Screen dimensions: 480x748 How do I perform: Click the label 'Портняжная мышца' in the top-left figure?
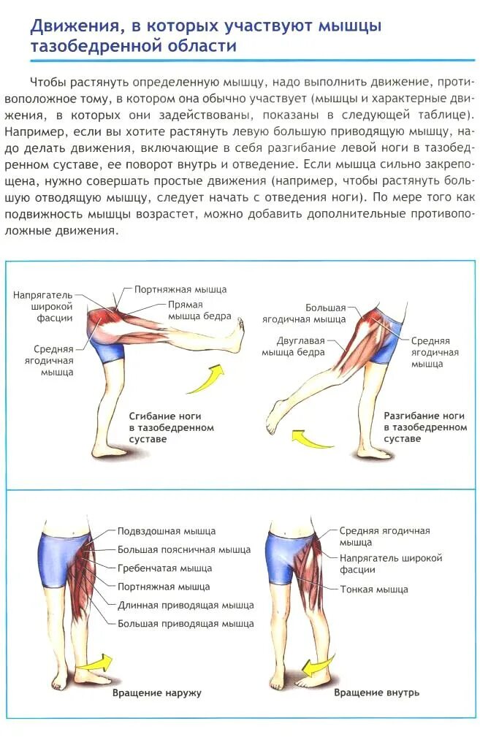(180, 289)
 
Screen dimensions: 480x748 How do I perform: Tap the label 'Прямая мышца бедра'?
(199, 310)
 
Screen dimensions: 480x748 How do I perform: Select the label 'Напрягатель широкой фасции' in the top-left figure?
(42, 306)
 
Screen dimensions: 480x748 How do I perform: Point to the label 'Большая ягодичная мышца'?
(325, 313)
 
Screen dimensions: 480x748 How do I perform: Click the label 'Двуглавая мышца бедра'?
(300, 346)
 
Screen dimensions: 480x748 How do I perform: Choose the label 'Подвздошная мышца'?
(167, 531)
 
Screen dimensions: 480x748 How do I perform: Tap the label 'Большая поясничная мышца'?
(183, 549)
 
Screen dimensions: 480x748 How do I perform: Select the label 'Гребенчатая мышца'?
(164, 568)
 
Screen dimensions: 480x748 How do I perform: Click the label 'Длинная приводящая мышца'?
(186, 605)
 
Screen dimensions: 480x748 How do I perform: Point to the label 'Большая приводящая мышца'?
(186, 623)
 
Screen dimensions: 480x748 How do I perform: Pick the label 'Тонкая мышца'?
(373, 589)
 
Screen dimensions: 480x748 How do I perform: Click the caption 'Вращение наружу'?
(156, 692)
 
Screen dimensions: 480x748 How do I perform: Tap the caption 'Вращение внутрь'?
(376, 692)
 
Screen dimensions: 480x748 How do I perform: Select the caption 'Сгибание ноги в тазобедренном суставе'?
(171, 427)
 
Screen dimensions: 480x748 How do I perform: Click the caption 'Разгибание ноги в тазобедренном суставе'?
(424, 427)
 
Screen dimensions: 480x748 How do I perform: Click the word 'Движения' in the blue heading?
(74, 26)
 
